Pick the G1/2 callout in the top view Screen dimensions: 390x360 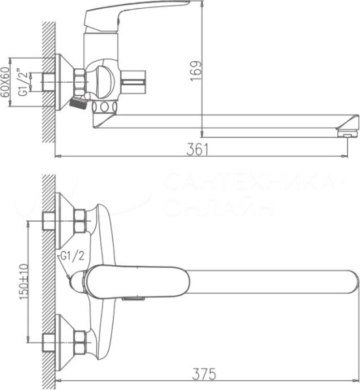[x=71, y=257]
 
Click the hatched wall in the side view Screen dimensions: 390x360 [x=48, y=78]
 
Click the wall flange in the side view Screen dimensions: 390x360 [x=62, y=82]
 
